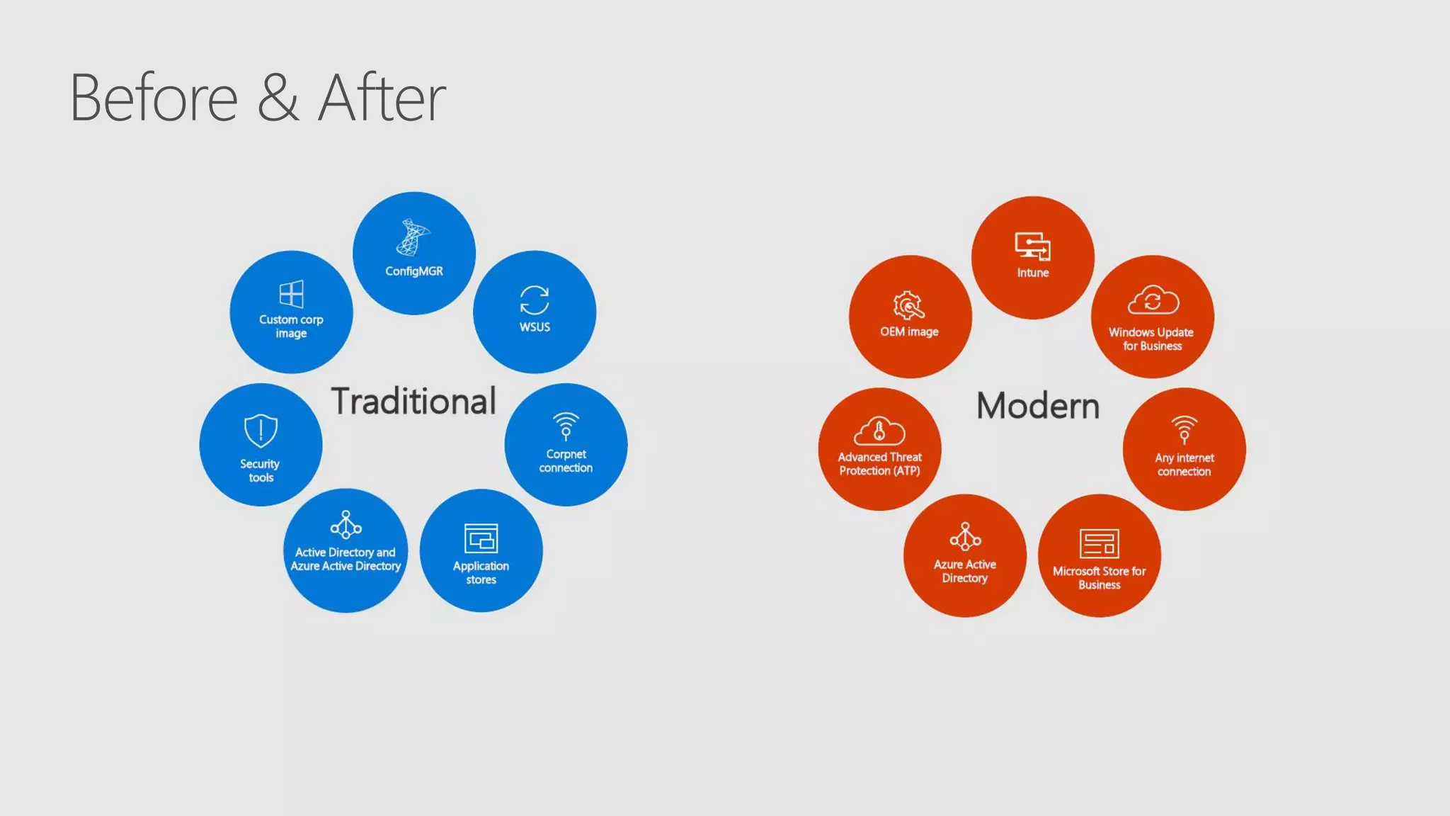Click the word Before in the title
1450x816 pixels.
point(154,98)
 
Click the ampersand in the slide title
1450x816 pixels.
point(278,98)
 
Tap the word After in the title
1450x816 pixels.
point(382,98)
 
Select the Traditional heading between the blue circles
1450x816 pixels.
point(413,401)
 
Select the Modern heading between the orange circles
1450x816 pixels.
point(1038,406)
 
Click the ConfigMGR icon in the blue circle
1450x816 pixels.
point(413,237)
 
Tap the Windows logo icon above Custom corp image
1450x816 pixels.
point(291,294)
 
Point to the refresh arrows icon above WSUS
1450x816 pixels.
point(535,300)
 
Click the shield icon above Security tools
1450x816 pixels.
point(261,430)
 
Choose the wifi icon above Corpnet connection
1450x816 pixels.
point(566,426)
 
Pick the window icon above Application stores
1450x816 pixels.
point(481,538)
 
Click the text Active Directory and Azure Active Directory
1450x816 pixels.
point(346,559)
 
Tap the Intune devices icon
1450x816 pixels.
point(1032,246)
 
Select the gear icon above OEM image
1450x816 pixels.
point(908,305)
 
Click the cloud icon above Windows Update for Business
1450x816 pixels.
point(1153,300)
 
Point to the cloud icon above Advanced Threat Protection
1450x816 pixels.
point(879,430)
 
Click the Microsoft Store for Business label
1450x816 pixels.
point(1099,577)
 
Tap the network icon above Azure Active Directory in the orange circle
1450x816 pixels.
point(965,537)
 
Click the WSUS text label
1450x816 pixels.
point(535,327)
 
